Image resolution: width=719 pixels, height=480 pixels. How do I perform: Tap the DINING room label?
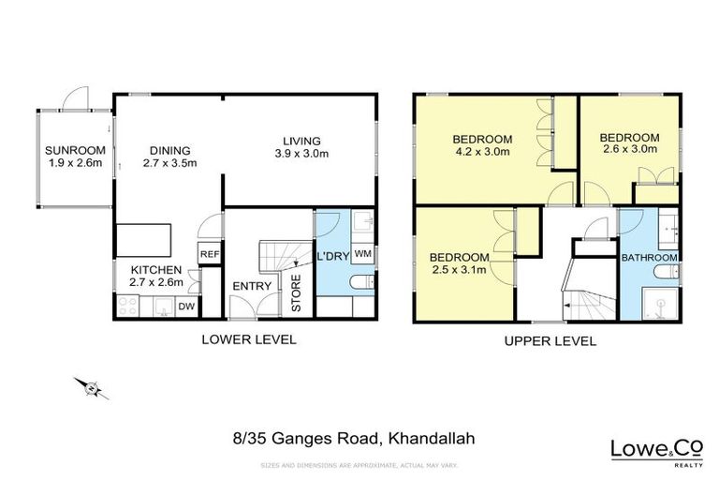(x=169, y=150)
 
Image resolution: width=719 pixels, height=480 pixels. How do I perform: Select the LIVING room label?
(x=303, y=141)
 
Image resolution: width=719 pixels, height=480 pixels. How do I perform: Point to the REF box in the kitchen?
(x=209, y=254)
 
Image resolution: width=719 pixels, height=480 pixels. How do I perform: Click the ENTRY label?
(x=252, y=286)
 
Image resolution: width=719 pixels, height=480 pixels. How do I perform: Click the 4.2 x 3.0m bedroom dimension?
(x=483, y=150)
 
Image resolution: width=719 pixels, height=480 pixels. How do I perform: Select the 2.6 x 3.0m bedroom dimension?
(x=629, y=150)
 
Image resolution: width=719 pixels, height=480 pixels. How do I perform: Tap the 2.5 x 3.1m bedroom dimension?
(x=459, y=271)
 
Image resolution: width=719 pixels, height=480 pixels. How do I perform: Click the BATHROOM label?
(x=650, y=258)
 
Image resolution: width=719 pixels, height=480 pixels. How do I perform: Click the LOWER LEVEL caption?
(x=249, y=340)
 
